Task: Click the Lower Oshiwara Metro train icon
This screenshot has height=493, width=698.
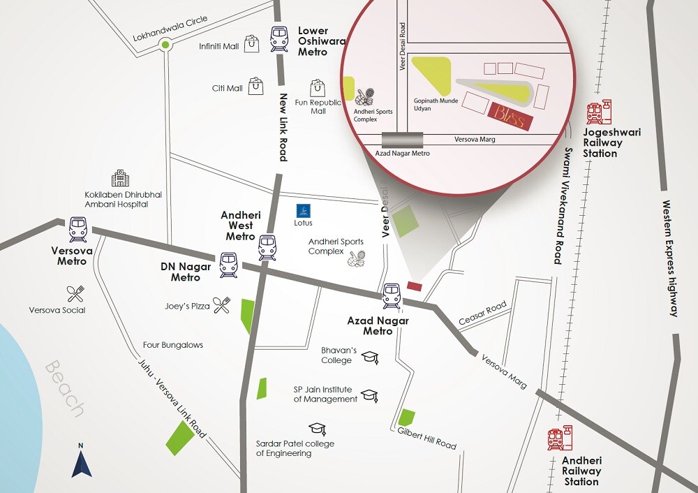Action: pyautogui.click(x=279, y=39)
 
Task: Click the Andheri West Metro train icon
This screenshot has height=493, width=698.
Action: pyautogui.click(x=267, y=247)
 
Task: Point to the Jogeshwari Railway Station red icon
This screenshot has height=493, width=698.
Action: pyautogui.click(x=599, y=112)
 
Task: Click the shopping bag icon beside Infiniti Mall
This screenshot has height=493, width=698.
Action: pyautogui.click(x=251, y=43)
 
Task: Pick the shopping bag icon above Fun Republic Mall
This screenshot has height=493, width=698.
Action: pyautogui.click(x=319, y=87)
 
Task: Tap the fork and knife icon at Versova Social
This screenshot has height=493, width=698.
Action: pyautogui.click(x=75, y=293)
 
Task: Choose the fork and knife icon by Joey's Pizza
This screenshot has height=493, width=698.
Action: pyautogui.click(x=222, y=304)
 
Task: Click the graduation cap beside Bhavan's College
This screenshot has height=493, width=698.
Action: pyautogui.click(x=369, y=358)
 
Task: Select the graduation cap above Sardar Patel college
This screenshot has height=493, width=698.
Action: pyautogui.click(x=317, y=428)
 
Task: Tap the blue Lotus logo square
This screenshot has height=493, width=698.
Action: pyautogui.click(x=303, y=210)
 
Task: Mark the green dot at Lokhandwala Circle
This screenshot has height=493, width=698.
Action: pyautogui.click(x=165, y=46)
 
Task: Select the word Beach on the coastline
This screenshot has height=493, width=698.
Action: pyautogui.click(x=65, y=388)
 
